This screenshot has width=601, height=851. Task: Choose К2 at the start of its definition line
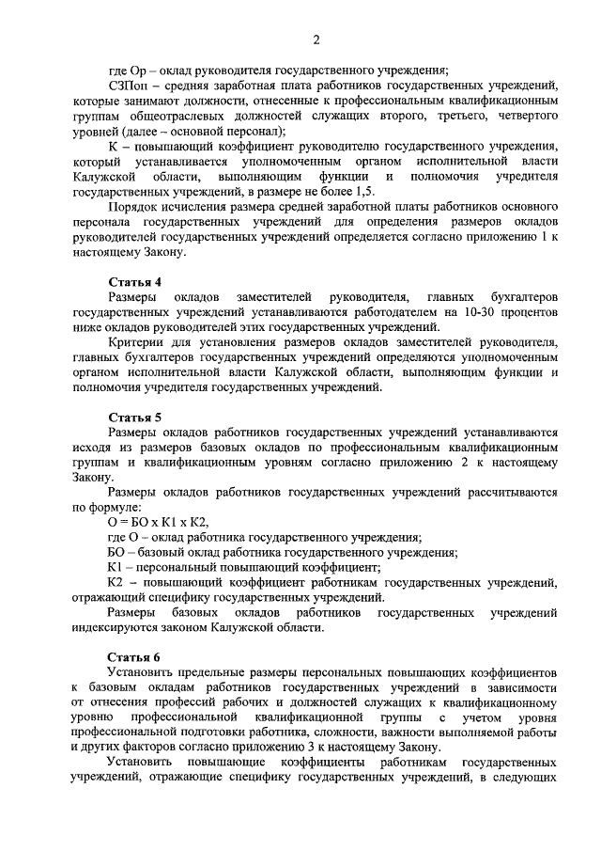(x=116, y=583)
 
